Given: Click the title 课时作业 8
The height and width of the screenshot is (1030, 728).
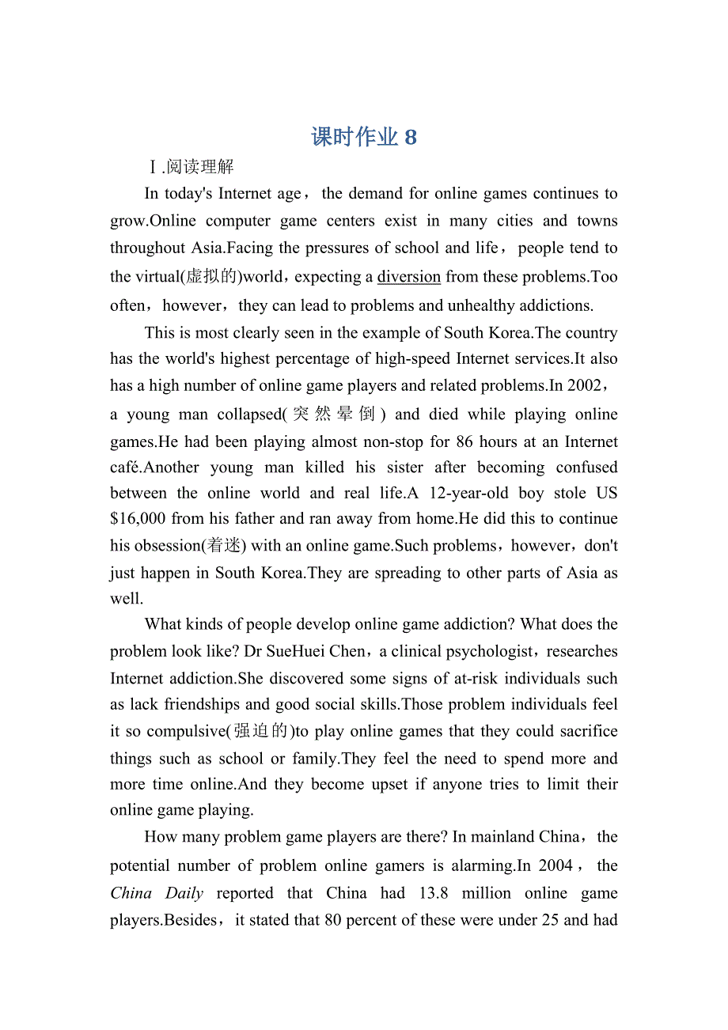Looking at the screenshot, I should click(x=364, y=137).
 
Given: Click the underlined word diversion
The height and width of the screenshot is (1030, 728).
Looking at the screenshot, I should click(x=408, y=276).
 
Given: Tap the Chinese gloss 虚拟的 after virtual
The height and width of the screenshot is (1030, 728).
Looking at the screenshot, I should click(x=210, y=276).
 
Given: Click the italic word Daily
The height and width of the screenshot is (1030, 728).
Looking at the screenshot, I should click(x=184, y=893).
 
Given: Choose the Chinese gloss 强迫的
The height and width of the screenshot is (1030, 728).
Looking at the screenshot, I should click(x=261, y=731).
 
